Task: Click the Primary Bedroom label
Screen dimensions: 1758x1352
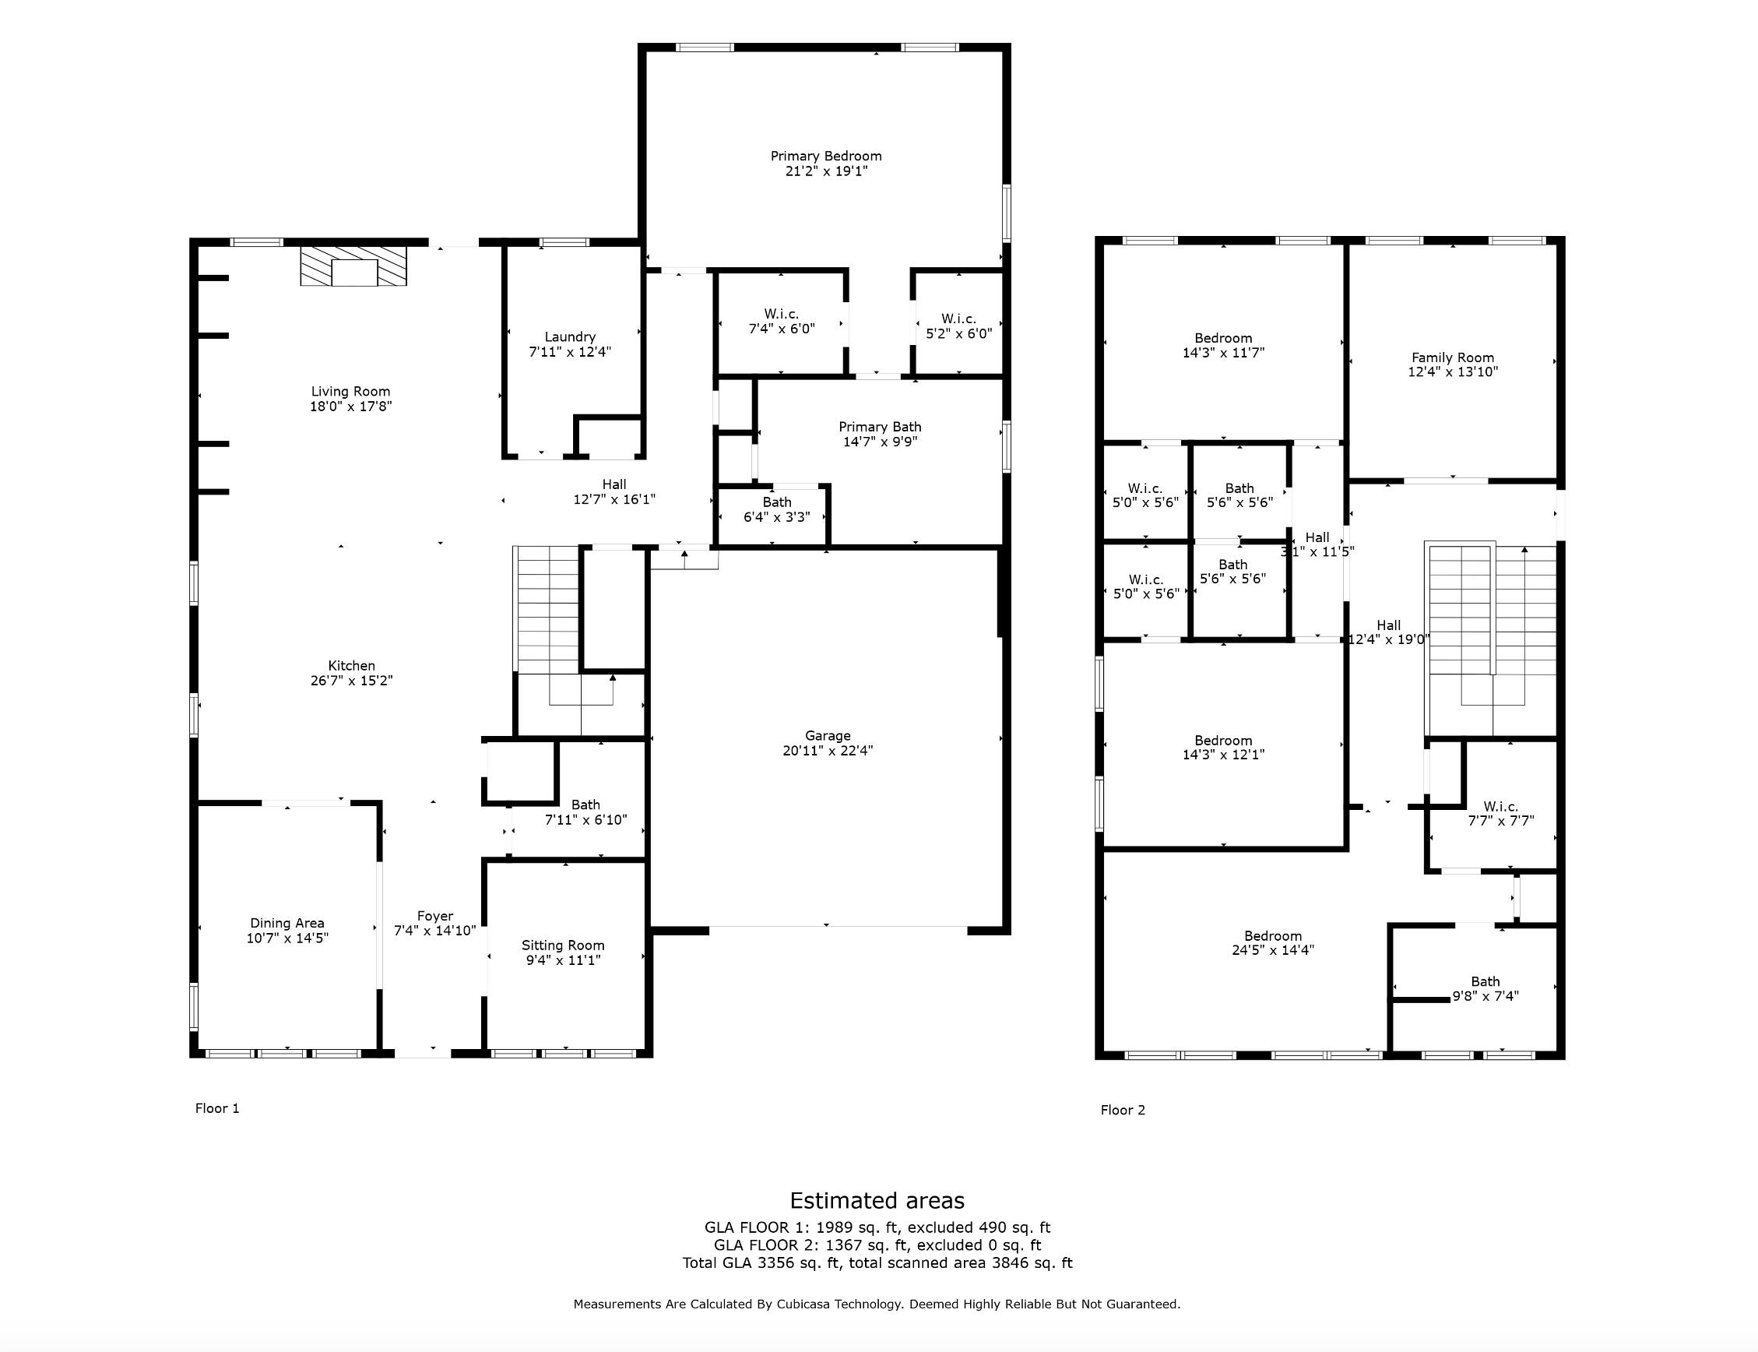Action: [x=825, y=156]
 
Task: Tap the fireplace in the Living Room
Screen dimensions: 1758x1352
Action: [x=353, y=266]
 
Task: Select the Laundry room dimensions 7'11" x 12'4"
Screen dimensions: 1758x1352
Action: [x=570, y=352]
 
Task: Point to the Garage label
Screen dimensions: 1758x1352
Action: [x=828, y=735]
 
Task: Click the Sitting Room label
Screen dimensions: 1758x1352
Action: [x=562, y=945]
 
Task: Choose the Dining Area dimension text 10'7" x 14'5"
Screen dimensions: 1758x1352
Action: [x=287, y=938]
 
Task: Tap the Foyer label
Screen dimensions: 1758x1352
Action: [x=435, y=916]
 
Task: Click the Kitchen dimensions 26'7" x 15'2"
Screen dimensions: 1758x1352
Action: [x=352, y=680]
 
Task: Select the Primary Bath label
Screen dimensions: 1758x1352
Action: [x=881, y=427]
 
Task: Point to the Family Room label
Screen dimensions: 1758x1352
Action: [x=1453, y=357]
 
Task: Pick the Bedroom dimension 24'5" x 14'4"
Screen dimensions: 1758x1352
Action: [x=1273, y=949]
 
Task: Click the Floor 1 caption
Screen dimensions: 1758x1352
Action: [x=217, y=1108]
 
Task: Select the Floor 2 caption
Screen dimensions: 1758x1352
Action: [x=1123, y=1110]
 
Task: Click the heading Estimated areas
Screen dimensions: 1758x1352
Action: [x=877, y=1201]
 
